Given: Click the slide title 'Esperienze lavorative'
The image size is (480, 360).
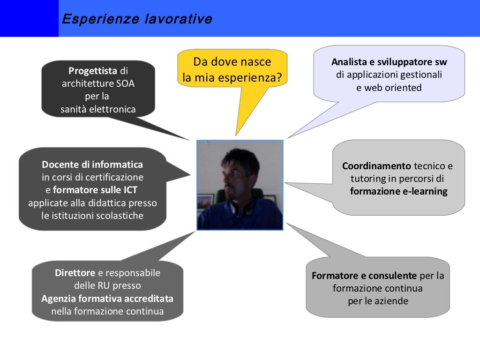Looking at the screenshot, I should [137, 19].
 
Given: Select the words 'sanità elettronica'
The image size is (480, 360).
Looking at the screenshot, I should [98, 110].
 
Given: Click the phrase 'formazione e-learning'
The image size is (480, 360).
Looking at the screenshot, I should [398, 191].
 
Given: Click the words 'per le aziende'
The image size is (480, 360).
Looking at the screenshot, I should [378, 301].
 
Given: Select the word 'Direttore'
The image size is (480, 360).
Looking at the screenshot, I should [75, 273].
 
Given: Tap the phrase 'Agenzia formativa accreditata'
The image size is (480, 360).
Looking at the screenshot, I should [107, 299].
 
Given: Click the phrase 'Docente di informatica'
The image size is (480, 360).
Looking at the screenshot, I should [92, 165].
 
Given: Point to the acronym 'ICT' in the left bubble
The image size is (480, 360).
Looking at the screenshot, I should [129, 190].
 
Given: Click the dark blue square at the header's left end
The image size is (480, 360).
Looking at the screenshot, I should [29, 18].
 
